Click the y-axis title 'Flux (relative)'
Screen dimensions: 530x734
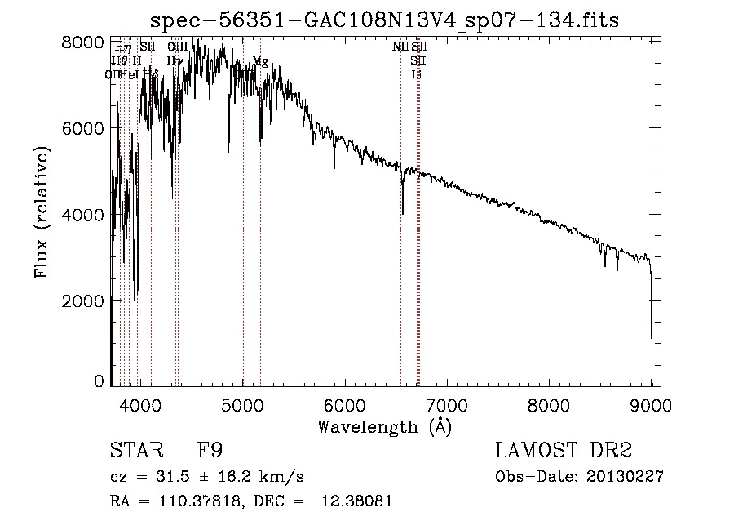[42, 212]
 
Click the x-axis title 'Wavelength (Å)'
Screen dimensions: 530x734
[385, 426]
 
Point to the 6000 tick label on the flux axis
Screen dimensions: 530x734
[82, 128]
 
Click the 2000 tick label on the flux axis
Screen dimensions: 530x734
[82, 300]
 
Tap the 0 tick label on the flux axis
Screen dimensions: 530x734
[99, 381]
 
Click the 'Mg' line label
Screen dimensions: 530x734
[260, 61]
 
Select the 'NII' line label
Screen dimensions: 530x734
[400, 47]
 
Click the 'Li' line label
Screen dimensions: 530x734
[417, 74]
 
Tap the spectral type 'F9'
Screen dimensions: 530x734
[209, 451]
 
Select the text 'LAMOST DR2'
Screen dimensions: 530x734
[563, 451]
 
